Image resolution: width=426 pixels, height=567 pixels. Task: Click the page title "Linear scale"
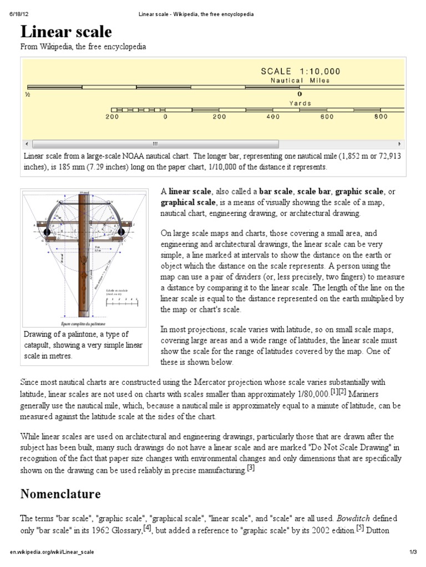(67, 31)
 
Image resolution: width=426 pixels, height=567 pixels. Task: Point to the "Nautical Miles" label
(300, 80)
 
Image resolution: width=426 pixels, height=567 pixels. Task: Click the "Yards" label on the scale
(300, 103)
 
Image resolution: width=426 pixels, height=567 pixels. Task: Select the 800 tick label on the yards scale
(381, 117)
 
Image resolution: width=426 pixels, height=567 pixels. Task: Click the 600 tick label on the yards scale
(327, 117)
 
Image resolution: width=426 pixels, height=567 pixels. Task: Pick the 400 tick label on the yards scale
(273, 117)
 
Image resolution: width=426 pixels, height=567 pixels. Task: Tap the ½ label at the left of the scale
(27, 95)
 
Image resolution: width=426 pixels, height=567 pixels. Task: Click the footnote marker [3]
(251, 468)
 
